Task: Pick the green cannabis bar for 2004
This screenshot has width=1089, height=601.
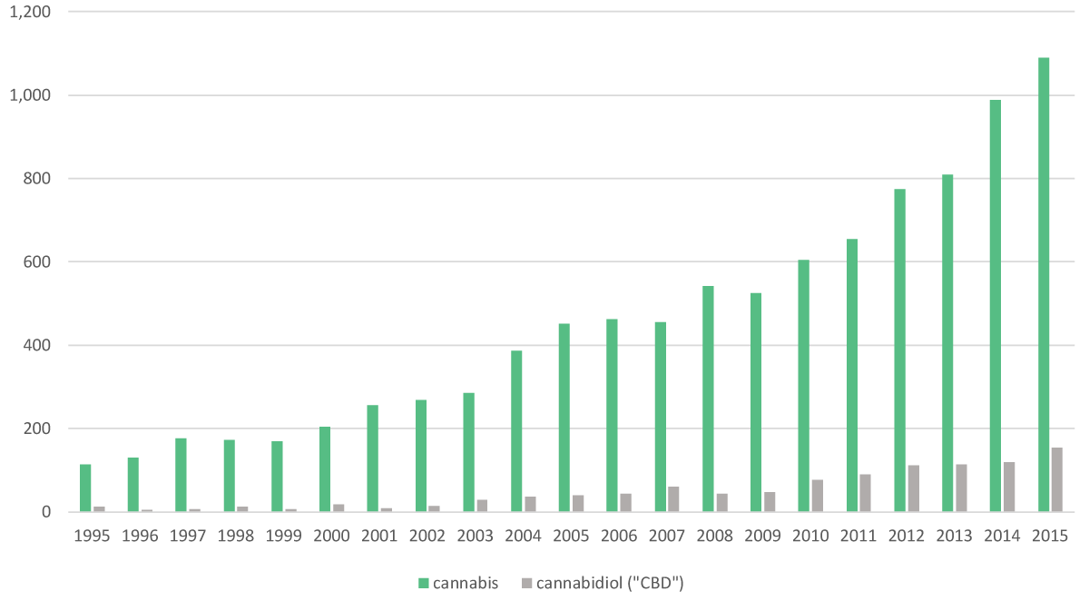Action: point(516,431)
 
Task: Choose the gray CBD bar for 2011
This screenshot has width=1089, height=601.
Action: point(865,493)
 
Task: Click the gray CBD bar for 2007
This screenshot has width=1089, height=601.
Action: point(673,499)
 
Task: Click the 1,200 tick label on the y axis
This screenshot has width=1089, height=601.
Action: point(33,12)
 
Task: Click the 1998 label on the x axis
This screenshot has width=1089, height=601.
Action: point(236,537)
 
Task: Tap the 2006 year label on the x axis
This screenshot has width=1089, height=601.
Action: point(619,537)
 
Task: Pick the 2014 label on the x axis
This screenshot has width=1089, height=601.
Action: point(1002,537)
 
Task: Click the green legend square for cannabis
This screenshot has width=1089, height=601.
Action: point(423,583)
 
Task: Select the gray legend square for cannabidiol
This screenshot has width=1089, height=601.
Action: point(525,583)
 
